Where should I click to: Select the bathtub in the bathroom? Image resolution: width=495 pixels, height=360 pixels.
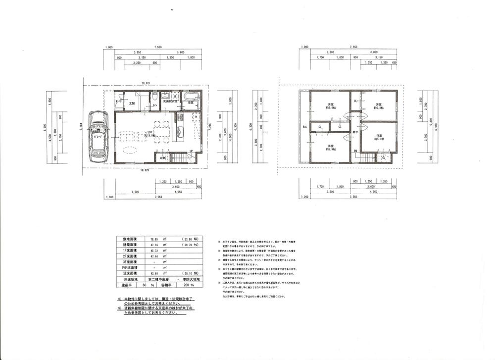(x=192, y=96)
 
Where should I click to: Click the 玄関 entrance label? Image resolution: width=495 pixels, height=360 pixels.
(x=132, y=104)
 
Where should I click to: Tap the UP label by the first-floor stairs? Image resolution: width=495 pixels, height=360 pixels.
(x=191, y=151)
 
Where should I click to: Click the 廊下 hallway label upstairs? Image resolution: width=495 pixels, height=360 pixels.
(x=355, y=132)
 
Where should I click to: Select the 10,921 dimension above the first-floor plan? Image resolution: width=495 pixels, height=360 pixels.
(x=146, y=83)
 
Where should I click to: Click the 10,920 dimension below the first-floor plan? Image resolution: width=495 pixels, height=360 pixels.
(x=146, y=170)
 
